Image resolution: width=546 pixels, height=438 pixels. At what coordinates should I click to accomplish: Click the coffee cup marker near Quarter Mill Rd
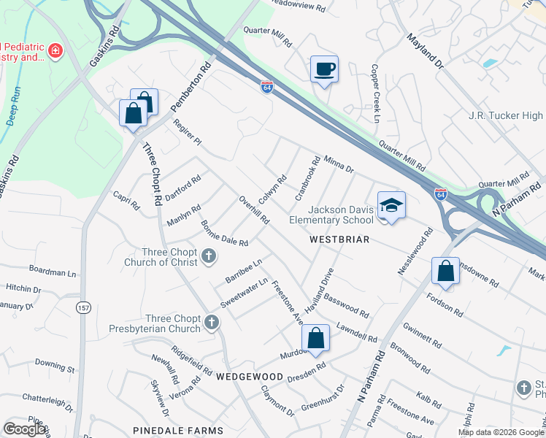pyautogui.click(x=324, y=69)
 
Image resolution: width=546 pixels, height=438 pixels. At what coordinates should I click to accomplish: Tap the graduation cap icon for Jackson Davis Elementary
pyautogui.click(x=391, y=205)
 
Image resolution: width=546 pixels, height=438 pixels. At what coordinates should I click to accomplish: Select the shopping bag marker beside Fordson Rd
pyautogui.click(x=445, y=272)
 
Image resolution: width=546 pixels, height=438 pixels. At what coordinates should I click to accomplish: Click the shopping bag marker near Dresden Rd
pyautogui.click(x=315, y=338)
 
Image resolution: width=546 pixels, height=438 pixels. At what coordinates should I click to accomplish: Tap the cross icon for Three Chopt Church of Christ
pyautogui.click(x=209, y=255)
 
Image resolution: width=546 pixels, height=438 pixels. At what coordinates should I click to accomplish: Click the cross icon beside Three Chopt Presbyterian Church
pyautogui.click(x=212, y=322)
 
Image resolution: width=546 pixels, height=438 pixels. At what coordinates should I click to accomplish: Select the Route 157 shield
pyautogui.click(x=82, y=308)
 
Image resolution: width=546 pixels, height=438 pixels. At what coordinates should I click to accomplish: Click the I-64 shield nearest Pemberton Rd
pyautogui.click(x=267, y=87)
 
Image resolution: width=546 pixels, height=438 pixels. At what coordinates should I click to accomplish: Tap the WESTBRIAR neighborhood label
pyautogui.click(x=339, y=239)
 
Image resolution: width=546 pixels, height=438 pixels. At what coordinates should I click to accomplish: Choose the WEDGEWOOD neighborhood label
pyautogui.click(x=250, y=376)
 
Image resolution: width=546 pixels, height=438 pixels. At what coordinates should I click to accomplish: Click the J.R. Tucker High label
pyautogui.click(x=505, y=115)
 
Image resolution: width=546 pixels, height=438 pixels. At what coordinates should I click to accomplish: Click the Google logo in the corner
pyautogui.click(x=24, y=429)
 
